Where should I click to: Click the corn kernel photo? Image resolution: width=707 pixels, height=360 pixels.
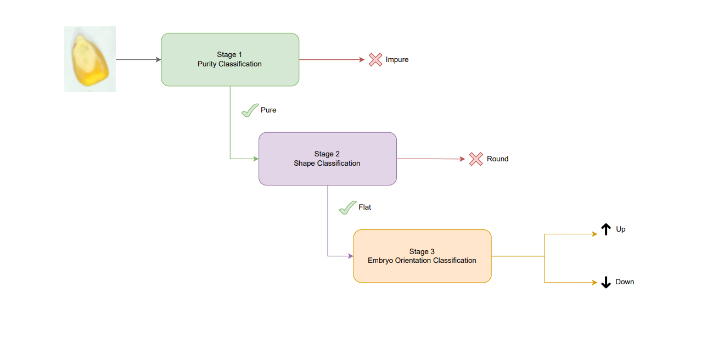(90, 59)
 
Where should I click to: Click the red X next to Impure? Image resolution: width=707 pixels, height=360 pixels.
(375, 60)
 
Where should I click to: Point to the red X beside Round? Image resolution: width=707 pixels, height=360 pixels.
(476, 159)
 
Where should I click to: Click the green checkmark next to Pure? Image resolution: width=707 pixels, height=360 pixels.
(250, 110)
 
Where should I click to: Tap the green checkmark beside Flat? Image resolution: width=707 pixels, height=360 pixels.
(347, 208)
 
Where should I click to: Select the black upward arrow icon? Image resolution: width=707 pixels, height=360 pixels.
(606, 229)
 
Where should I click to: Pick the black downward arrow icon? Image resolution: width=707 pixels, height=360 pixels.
(606, 282)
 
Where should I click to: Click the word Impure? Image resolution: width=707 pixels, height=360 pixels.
(397, 60)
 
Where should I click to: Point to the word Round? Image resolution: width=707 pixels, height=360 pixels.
(497, 159)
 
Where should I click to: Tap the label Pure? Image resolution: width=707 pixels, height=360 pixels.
(268, 110)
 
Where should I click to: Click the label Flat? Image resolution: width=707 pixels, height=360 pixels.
(365, 207)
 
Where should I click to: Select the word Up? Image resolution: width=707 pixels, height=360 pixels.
(621, 229)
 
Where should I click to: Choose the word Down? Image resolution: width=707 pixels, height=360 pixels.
(625, 282)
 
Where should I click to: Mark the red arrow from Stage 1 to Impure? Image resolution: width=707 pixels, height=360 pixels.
(332, 59)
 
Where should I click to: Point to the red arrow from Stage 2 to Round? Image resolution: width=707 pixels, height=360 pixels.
(431, 159)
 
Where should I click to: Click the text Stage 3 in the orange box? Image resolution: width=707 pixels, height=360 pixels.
(422, 252)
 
